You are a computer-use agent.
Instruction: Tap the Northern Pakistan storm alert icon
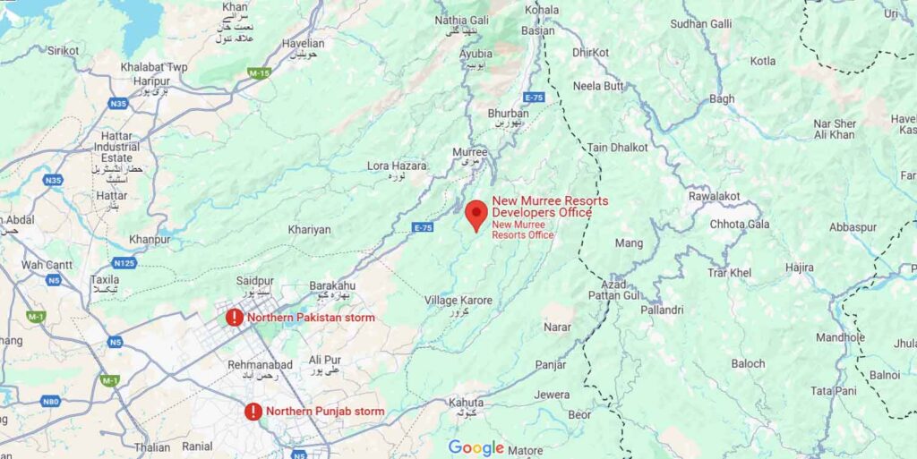click(x=234, y=318)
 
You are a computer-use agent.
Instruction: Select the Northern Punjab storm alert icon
click(x=253, y=412)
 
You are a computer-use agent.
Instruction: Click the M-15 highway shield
click(x=260, y=72)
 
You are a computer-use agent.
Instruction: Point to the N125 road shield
click(x=124, y=262)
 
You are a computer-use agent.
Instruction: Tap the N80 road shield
click(x=51, y=402)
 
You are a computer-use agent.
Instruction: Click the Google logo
click(x=476, y=447)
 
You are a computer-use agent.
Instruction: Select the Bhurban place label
click(x=508, y=114)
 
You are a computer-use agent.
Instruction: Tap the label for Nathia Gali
click(x=463, y=20)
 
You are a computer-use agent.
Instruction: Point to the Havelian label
click(x=304, y=43)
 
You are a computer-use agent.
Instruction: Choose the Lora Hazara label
click(x=397, y=166)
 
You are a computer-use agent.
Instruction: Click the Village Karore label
click(x=458, y=301)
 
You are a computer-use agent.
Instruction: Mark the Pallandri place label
click(x=663, y=310)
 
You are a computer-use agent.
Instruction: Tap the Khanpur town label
click(x=149, y=240)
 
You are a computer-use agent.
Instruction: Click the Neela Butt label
click(x=599, y=86)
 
